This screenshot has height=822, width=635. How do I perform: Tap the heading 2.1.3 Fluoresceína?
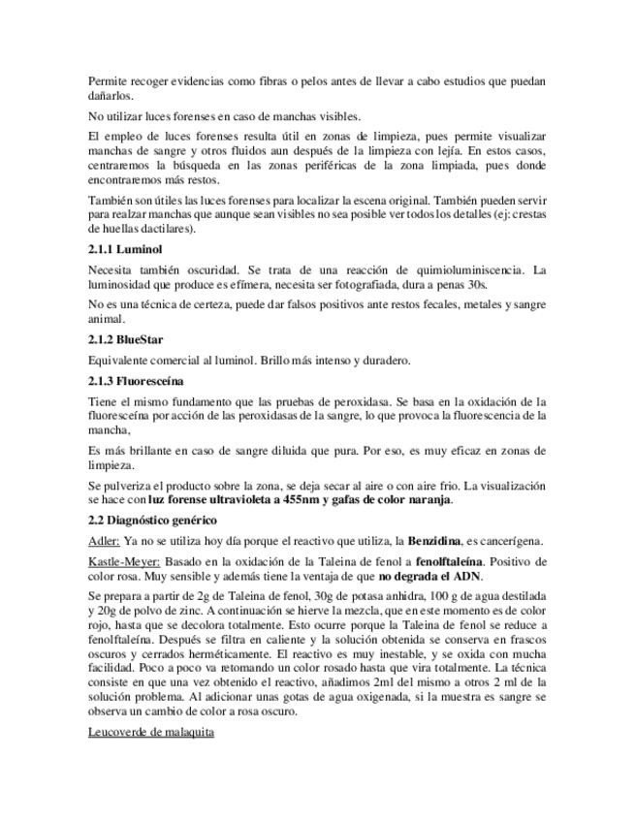click(x=136, y=381)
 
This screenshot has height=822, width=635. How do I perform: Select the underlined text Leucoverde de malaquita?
click(x=150, y=731)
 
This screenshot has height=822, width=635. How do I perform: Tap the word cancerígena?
click(x=509, y=541)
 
